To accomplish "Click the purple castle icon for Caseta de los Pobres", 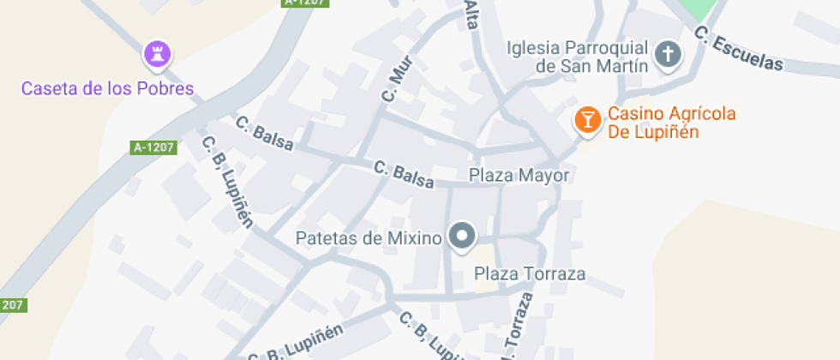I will (x=156, y=56).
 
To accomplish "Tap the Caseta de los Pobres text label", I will (x=108, y=88).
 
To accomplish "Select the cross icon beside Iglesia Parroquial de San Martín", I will (x=667, y=56).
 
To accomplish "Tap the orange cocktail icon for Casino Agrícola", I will (x=587, y=121).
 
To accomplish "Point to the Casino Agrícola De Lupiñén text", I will (x=660, y=123).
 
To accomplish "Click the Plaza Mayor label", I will (x=519, y=176).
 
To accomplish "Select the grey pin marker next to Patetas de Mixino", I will (x=463, y=237).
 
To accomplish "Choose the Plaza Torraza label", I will (x=530, y=274).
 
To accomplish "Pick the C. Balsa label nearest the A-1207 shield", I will (x=262, y=135).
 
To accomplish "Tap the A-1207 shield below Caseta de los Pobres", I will (x=154, y=147).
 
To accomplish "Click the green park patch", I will (x=699, y=9).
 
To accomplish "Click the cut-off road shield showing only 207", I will (x=12, y=304).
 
